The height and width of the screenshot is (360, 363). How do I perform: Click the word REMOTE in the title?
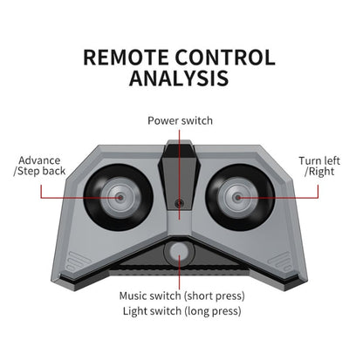pyautogui.click(x=126, y=58)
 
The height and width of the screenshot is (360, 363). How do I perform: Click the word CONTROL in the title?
pyautogui.click(x=225, y=58)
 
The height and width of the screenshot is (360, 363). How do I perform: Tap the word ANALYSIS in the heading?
pyautogui.click(x=179, y=78)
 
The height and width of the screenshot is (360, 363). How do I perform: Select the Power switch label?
pyautogui.click(x=180, y=120)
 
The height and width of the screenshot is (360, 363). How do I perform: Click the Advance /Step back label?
pyautogui.click(x=39, y=166)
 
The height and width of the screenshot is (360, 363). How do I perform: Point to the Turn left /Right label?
pyautogui.click(x=319, y=166)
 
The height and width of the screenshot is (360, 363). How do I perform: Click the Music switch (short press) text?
pyautogui.click(x=182, y=296)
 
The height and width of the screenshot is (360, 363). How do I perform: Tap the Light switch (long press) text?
pyautogui.click(x=182, y=311)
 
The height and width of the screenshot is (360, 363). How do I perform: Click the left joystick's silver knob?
pyautogui.click(x=119, y=198)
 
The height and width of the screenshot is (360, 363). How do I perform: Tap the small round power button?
pyautogui.click(x=179, y=203)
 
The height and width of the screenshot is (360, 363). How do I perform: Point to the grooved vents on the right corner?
pyautogui.click(x=280, y=262)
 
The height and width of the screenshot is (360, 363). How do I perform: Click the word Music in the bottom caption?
pyautogui.click(x=134, y=295)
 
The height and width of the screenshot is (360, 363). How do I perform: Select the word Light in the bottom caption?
pyautogui.click(x=134, y=311)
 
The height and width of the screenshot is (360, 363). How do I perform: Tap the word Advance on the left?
pyautogui.click(x=39, y=160)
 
